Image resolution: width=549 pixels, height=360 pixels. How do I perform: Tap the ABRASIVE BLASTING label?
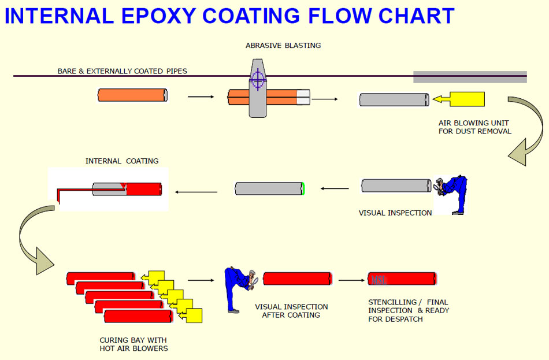(x=283, y=45)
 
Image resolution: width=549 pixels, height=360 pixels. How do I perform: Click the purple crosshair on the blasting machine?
(x=258, y=79)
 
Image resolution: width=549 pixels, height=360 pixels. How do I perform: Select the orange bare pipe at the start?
(x=132, y=95)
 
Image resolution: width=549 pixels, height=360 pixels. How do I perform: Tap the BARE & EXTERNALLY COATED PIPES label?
(x=122, y=71)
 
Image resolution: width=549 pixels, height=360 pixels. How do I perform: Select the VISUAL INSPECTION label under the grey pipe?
(x=395, y=213)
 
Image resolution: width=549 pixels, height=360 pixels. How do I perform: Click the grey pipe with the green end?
(x=269, y=188)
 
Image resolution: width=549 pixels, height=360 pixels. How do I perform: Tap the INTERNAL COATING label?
(x=122, y=161)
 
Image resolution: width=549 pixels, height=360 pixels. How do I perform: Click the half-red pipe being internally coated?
(x=127, y=189)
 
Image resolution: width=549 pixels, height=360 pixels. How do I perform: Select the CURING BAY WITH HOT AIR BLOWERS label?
(x=133, y=344)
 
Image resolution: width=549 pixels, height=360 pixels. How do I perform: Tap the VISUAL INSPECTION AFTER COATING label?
(x=291, y=311)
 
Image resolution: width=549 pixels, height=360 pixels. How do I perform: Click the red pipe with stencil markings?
(x=402, y=279)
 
